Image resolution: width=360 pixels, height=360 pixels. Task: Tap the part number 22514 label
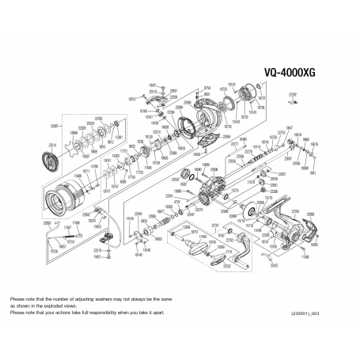tap(54, 145)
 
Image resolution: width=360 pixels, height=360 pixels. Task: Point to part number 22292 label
tap(294, 94)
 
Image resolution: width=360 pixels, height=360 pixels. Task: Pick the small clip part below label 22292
tap(294, 102)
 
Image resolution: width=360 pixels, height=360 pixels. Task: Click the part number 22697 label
tap(55, 125)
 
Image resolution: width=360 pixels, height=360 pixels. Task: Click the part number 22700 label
tap(294, 211)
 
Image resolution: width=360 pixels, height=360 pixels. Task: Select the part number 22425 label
tap(274, 267)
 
